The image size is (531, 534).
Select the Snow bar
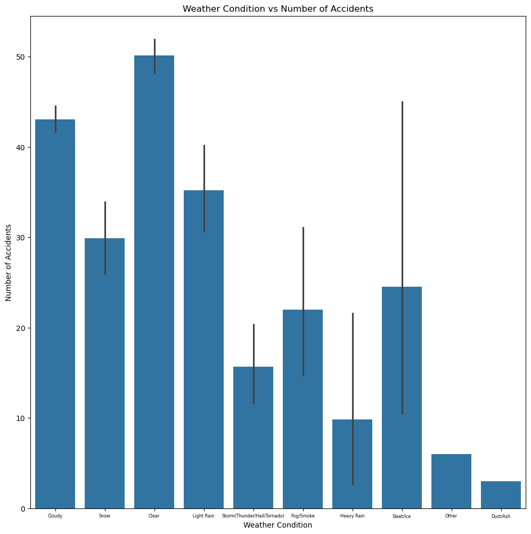point(104,373)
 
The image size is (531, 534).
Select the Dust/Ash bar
point(501,495)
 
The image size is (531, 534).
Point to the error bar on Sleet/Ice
point(402,160)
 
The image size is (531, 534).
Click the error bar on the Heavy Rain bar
point(353,373)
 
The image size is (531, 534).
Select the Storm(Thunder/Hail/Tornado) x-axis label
point(253,516)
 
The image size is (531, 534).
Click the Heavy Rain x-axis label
point(353,516)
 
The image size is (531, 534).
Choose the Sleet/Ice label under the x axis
point(402,516)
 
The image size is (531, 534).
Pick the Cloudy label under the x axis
point(55,516)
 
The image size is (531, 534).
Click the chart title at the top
point(277,9)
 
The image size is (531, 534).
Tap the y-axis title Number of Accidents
point(9,262)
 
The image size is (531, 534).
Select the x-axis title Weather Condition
point(277,525)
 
